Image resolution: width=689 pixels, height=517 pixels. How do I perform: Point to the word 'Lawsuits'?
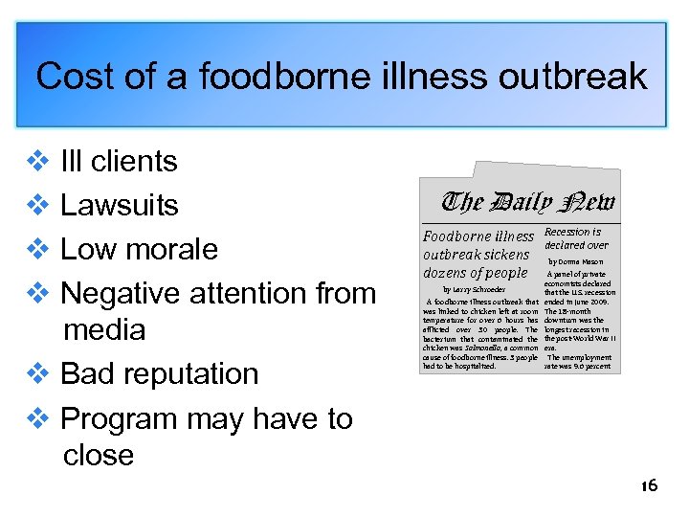click(120, 205)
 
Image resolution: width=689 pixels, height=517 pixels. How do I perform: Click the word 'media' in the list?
click(103, 329)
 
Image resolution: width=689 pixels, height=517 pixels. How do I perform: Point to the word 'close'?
click(99, 455)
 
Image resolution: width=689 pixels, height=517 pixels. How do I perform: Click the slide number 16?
click(649, 486)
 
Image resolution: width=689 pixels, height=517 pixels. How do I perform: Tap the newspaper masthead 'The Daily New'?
click(527, 203)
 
